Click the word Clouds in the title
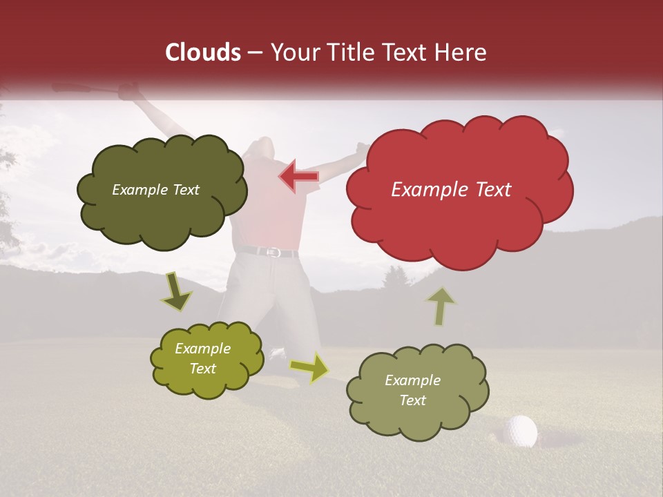pyautogui.click(x=203, y=52)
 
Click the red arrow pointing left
pyautogui.click(x=299, y=176)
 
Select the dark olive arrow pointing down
pyautogui.click(x=176, y=292)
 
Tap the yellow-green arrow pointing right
pyautogui.click(x=310, y=367)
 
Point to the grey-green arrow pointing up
pyautogui.click(x=439, y=305)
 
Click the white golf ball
pyautogui.click(x=520, y=431)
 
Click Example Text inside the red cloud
pyautogui.click(x=451, y=190)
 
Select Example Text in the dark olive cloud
pyautogui.click(x=155, y=190)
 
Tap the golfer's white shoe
pyautogui.click(x=277, y=353)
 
